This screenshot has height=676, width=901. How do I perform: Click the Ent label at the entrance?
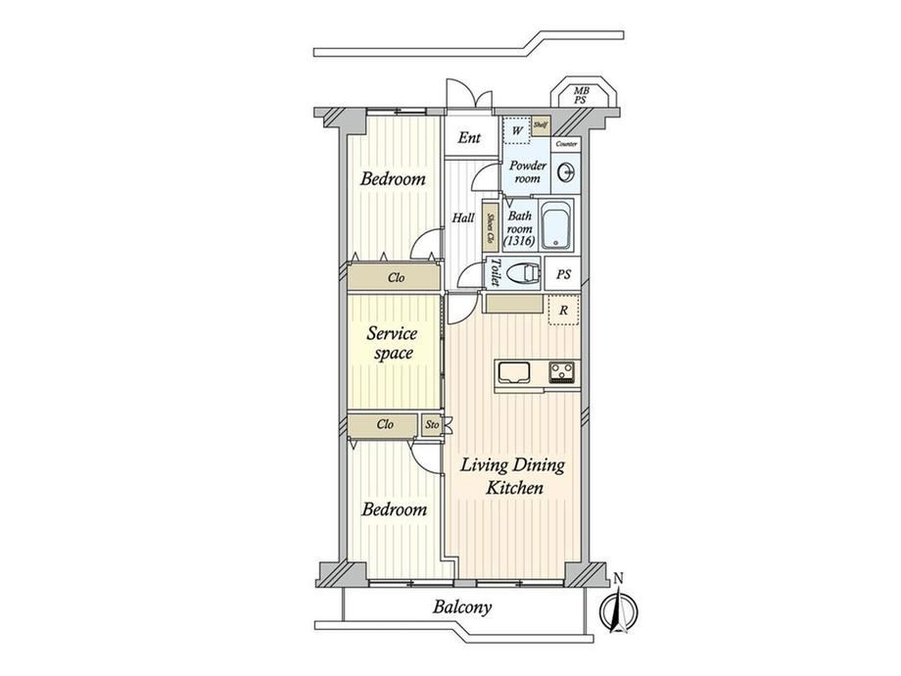(x=469, y=137)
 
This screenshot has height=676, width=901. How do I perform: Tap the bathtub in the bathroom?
(x=556, y=224)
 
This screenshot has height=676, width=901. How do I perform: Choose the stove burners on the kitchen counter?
(x=562, y=372)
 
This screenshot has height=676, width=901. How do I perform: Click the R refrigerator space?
(x=563, y=311)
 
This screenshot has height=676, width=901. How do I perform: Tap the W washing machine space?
(x=516, y=131)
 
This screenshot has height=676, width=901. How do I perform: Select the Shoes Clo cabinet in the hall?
(x=490, y=228)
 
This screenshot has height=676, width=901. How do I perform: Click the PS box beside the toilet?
(x=562, y=274)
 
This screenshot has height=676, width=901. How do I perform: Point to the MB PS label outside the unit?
(x=581, y=95)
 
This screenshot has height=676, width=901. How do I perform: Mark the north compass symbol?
(x=618, y=605)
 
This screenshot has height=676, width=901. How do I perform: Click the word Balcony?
(x=462, y=607)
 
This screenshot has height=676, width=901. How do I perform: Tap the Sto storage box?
(x=432, y=425)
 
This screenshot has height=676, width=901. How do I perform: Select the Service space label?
(x=392, y=343)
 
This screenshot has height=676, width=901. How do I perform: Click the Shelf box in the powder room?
(x=541, y=125)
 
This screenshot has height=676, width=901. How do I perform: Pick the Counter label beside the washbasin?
(x=567, y=144)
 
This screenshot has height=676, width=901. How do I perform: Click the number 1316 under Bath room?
(x=520, y=242)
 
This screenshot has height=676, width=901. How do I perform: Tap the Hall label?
(x=463, y=217)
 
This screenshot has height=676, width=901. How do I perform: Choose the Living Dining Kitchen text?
(x=512, y=476)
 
